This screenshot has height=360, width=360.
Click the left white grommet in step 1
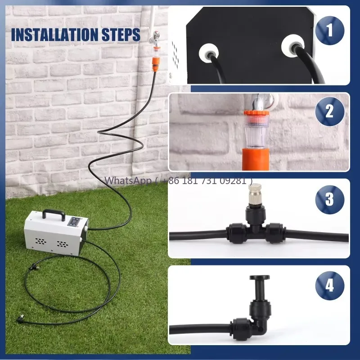[x=208, y=54]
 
